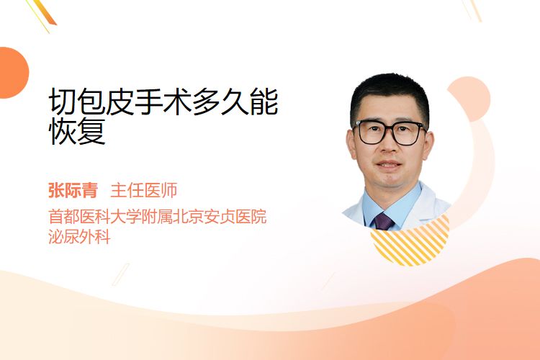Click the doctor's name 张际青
73,190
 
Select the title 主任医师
144,190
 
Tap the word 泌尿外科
79,237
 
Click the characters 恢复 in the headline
77,131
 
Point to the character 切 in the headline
63,102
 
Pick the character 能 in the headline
264,102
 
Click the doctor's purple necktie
383,222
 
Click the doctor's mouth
389,164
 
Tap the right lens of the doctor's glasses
408,134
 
